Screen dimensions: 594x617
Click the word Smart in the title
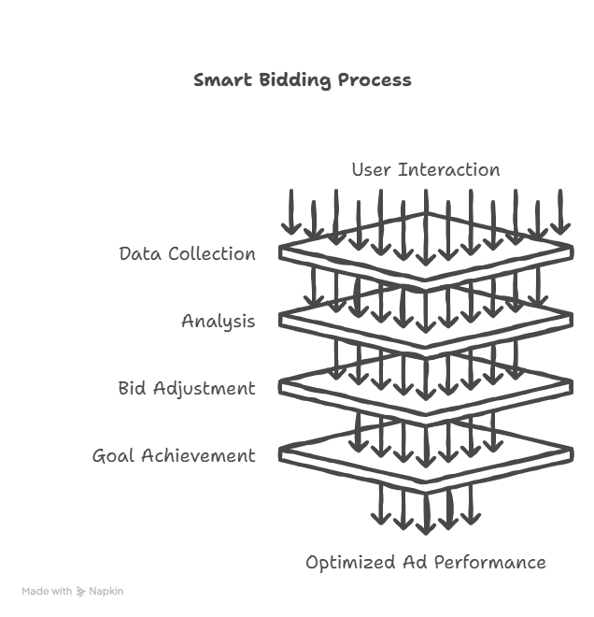click(222, 79)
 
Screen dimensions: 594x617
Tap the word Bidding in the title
click(295, 80)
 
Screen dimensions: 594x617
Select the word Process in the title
click(375, 79)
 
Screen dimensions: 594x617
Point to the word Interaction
click(449, 169)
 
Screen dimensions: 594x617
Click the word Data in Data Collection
click(140, 253)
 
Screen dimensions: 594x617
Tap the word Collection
click(212, 253)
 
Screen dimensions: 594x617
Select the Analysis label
click(219, 322)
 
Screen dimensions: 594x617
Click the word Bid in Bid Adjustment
click(132, 388)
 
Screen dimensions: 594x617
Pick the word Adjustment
click(205, 389)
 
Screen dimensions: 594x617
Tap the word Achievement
click(199, 455)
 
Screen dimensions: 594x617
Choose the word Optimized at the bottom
click(350, 563)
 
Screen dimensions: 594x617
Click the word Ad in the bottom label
click(415, 562)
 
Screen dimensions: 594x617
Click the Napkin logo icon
click(80, 592)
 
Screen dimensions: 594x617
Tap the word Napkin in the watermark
click(106, 592)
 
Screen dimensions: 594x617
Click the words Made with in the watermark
click(47, 591)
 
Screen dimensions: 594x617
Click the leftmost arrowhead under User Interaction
click(291, 229)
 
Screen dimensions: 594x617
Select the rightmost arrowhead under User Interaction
click(560, 229)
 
